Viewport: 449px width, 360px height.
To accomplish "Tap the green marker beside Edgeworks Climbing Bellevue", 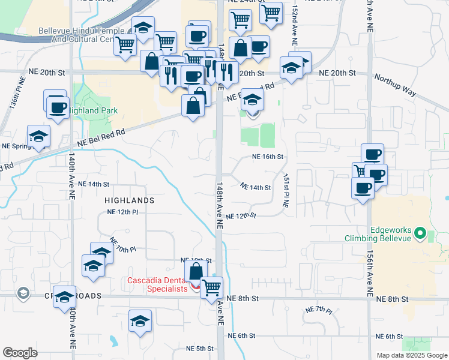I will tap(420, 233).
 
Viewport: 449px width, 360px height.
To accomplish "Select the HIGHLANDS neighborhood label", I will tap(129, 200).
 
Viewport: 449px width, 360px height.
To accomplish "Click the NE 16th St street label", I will tap(267, 157).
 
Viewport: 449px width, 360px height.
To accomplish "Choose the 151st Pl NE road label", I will tap(286, 191).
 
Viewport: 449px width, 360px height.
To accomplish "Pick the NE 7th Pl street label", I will tap(318, 310).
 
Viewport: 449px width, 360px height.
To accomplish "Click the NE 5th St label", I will tap(200, 349).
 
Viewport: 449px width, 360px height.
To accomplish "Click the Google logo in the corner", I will tap(20, 353).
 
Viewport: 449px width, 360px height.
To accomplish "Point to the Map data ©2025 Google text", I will tap(411, 355).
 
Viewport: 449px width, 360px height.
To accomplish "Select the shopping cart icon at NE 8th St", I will tap(211, 287).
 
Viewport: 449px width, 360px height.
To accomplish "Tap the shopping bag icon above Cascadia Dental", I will tap(196, 271).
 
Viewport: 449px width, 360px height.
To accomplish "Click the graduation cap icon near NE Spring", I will tap(38, 136).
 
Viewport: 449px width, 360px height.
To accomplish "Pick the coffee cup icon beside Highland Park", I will tap(57, 107).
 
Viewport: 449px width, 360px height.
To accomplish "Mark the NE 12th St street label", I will tap(242, 215).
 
